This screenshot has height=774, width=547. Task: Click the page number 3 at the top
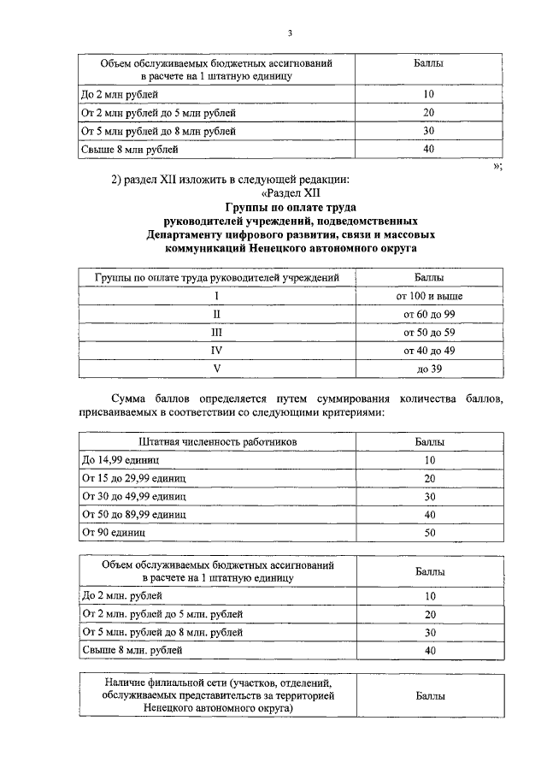289,32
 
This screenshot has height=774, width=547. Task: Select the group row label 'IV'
217,351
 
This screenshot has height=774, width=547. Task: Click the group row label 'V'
217,369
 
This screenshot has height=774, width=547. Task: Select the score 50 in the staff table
430,533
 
